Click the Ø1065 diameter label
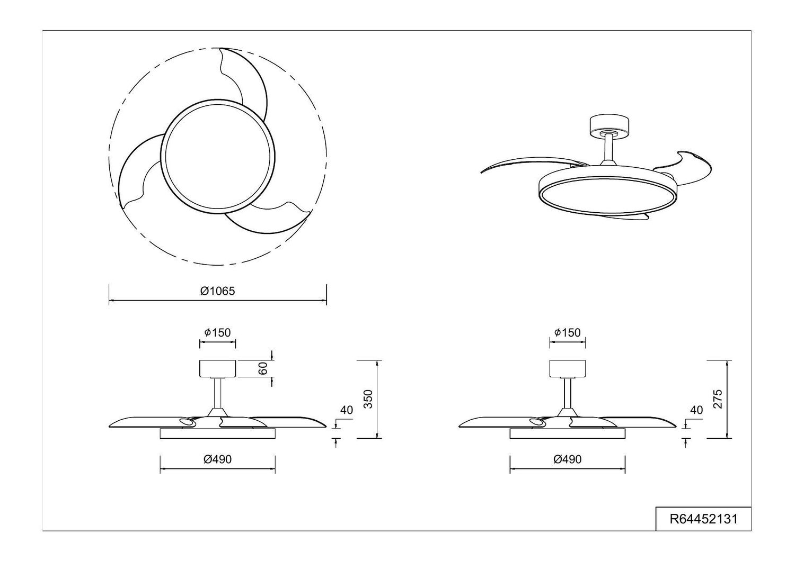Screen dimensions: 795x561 (x=217, y=291)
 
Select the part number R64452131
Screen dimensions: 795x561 (x=703, y=519)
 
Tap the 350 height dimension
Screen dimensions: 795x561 (x=369, y=399)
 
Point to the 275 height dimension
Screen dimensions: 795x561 (x=718, y=399)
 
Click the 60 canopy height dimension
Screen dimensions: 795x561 (x=263, y=369)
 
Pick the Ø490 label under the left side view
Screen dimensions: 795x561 (x=217, y=459)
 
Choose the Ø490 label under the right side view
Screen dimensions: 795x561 (x=567, y=459)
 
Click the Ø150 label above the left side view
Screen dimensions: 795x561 (x=217, y=332)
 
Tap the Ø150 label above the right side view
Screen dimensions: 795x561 (x=567, y=332)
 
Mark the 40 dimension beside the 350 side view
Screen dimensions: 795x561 (x=347, y=410)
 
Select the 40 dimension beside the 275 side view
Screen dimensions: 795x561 (x=696, y=410)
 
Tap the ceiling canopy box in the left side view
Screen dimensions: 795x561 (x=217, y=368)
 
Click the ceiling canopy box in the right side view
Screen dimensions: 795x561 (x=567, y=368)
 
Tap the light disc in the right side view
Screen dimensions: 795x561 (x=567, y=433)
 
